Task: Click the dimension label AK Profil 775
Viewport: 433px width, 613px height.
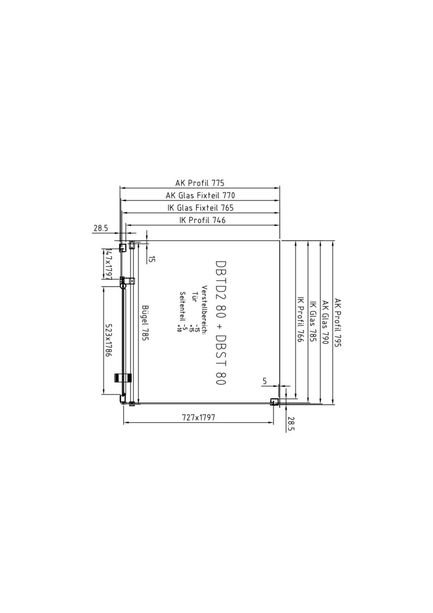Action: (200, 183)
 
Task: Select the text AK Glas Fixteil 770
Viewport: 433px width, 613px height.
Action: (200, 195)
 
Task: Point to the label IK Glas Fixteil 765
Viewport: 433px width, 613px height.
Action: (200, 208)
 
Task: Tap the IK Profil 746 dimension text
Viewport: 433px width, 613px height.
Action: (202, 220)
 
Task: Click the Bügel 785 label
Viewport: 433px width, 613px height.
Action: (145, 323)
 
